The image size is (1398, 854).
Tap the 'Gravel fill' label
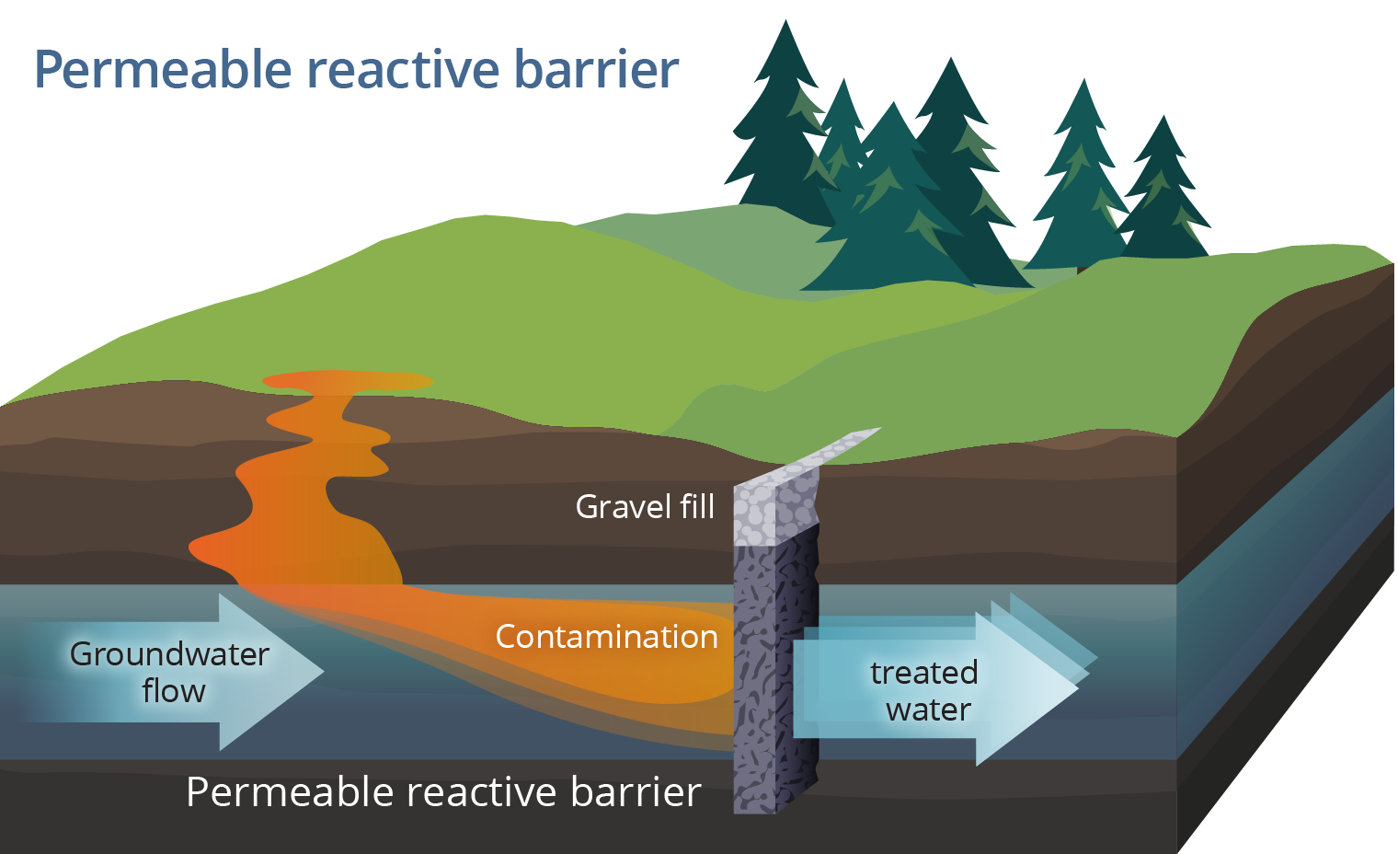pos(645,506)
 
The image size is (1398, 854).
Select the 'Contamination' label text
pos(606,637)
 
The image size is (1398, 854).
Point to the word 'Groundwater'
pos(169,654)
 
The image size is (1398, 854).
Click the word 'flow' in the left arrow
pos(174,691)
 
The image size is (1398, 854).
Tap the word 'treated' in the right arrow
pos(923,673)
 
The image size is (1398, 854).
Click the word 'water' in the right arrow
pos(928,710)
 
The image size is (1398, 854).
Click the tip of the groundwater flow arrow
pos(321,671)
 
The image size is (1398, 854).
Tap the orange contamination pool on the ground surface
pos(347,380)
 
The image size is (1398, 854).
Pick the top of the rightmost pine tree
pos(1163,119)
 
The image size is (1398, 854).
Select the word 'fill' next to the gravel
pos(696,506)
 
